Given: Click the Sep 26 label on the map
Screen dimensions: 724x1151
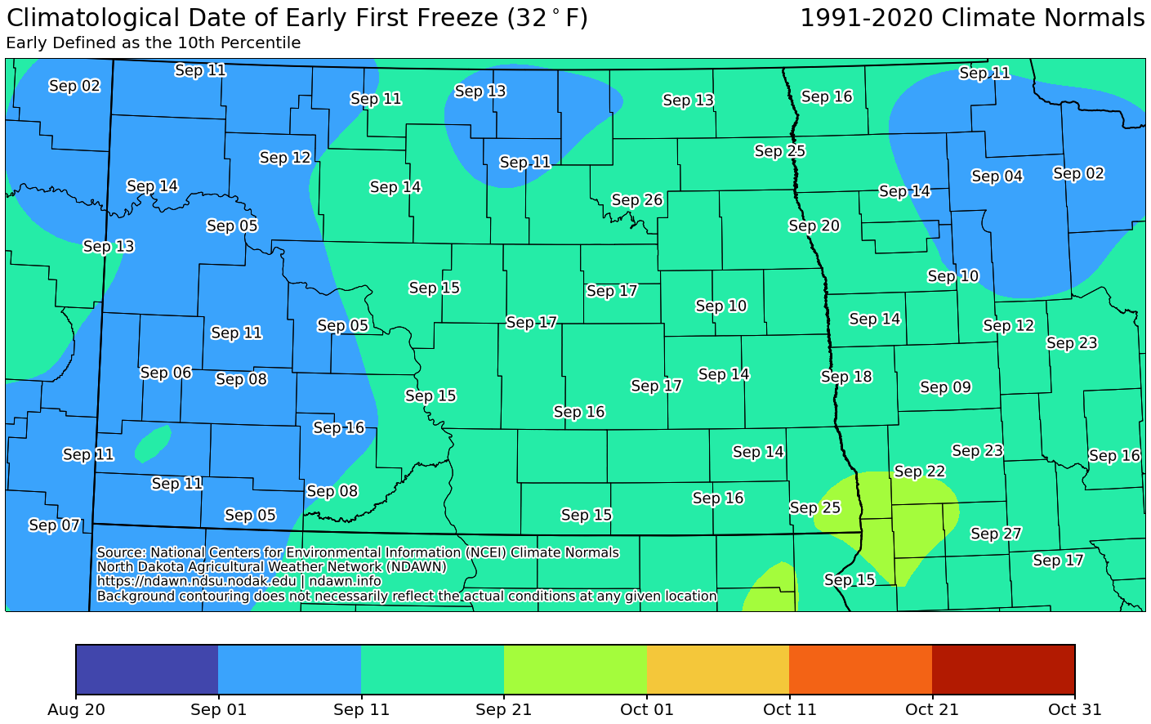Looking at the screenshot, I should click(x=636, y=200).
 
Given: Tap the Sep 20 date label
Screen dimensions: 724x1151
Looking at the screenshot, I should click(x=814, y=226).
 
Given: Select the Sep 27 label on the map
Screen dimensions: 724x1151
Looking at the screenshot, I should click(x=996, y=534).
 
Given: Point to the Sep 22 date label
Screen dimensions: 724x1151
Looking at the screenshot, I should click(x=919, y=471).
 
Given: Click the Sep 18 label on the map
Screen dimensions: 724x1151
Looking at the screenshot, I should click(x=846, y=377).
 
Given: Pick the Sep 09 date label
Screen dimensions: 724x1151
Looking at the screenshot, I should click(x=945, y=387).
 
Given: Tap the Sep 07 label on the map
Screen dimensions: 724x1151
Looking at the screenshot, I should click(x=54, y=525).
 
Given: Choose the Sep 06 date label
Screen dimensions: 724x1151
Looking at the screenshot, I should click(x=166, y=373).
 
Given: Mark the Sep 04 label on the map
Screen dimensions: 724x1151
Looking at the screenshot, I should click(x=997, y=177).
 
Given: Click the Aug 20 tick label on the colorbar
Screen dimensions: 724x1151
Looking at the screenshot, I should click(x=76, y=709).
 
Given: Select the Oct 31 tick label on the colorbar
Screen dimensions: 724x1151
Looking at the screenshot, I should click(x=1074, y=709).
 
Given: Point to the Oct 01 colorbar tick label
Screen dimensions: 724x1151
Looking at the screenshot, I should click(x=646, y=709).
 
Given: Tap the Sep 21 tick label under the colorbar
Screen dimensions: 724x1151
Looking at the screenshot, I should click(x=503, y=709).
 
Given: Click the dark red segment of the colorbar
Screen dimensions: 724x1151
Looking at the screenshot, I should click(x=1003, y=669).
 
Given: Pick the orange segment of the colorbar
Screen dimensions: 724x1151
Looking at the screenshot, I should click(x=860, y=669).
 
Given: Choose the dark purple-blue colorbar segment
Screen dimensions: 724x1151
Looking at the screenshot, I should click(x=147, y=669).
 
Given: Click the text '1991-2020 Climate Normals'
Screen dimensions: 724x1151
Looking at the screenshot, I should click(x=971, y=18).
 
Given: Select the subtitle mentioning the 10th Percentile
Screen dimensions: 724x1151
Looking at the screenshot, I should click(x=154, y=43).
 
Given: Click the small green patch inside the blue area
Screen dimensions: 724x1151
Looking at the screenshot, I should click(x=152, y=442).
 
